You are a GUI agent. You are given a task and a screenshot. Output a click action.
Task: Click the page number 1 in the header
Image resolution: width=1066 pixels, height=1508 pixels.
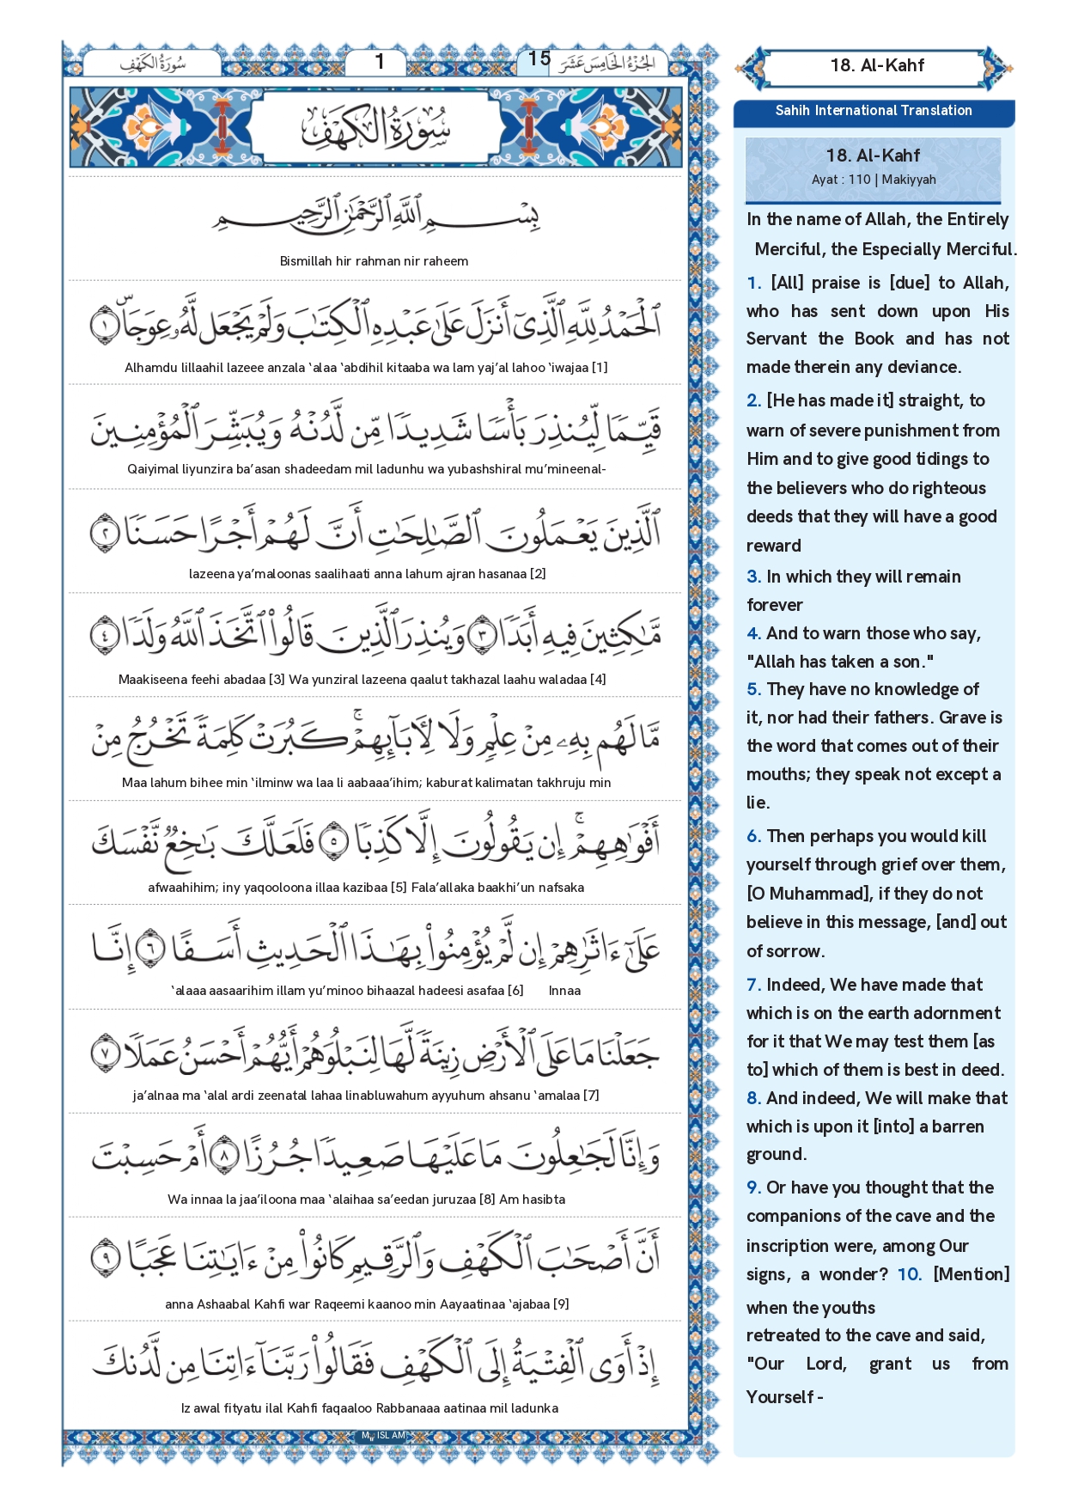click(x=380, y=62)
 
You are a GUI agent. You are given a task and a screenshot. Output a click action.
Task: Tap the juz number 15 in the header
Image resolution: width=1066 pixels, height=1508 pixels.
click(x=539, y=58)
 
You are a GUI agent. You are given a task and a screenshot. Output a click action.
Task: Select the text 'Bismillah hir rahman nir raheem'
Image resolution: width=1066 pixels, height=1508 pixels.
click(x=374, y=261)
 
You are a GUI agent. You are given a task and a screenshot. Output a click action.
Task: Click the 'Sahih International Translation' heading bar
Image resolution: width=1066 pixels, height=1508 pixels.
click(x=873, y=111)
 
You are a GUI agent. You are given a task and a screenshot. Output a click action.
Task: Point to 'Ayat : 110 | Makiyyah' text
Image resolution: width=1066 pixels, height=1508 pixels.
click(x=873, y=180)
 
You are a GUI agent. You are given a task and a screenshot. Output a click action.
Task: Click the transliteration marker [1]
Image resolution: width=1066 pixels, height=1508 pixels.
click(x=600, y=368)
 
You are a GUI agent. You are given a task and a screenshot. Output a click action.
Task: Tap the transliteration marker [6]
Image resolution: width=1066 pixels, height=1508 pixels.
click(x=515, y=991)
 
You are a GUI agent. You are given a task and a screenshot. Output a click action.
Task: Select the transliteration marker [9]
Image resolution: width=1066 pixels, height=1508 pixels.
click(x=561, y=1304)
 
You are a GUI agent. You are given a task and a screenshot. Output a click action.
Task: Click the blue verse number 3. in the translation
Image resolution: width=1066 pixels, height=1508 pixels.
click(x=753, y=577)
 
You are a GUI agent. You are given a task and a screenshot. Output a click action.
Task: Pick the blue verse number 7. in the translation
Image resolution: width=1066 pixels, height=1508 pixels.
click(x=753, y=985)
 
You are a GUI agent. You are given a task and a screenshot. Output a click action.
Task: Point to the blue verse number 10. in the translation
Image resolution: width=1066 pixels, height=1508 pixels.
click(x=909, y=1274)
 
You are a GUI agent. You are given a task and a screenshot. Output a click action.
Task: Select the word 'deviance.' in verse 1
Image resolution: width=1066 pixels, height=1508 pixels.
click(x=923, y=367)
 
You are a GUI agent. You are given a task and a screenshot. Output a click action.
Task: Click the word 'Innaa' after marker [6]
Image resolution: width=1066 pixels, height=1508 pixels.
click(x=564, y=991)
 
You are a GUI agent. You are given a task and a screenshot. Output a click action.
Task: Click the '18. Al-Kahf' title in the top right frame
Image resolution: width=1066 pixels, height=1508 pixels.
click(x=877, y=65)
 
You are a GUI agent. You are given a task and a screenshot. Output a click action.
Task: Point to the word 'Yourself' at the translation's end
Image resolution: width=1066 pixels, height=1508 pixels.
click(x=779, y=1397)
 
